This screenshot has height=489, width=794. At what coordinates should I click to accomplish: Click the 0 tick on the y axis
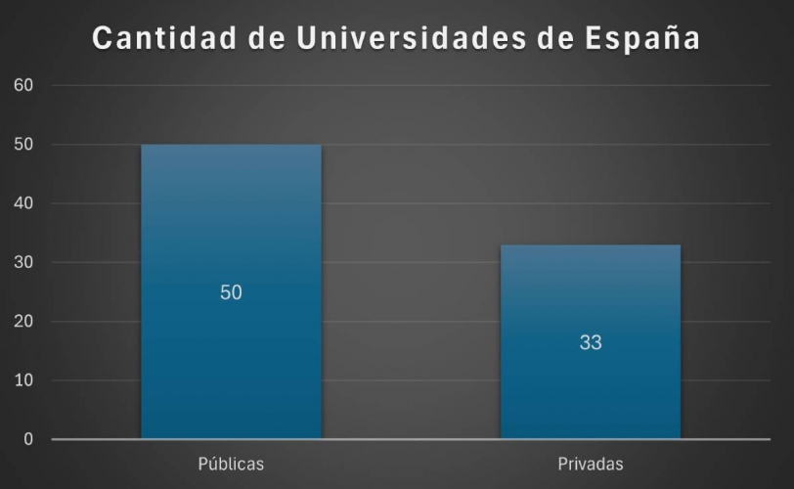28,439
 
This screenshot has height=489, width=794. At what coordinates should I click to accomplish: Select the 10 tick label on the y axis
24,380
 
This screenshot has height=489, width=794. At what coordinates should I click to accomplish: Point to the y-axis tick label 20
24,322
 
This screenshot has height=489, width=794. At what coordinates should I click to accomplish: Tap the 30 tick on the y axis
24,262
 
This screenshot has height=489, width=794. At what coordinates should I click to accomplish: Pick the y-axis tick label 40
24,203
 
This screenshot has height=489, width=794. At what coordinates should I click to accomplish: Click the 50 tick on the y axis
24,145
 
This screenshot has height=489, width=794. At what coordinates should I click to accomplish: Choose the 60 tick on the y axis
24,85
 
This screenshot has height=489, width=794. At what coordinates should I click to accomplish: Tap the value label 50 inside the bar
231,292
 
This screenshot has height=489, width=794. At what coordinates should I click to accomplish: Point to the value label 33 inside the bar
590,342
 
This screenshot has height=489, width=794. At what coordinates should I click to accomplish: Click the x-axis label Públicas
231,464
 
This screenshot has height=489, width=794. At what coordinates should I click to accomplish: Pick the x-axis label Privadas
590,464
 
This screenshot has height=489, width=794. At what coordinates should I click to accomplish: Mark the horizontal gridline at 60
411,86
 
